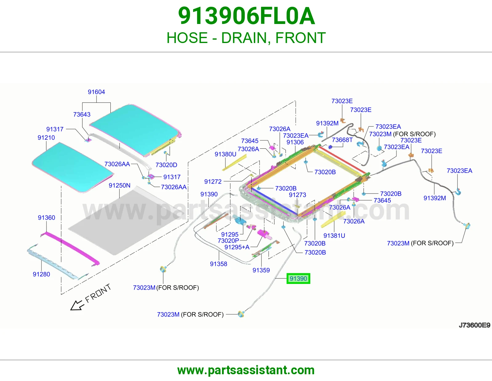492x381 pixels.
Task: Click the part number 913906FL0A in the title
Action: point(246,16)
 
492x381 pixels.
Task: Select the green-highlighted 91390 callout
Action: point(298,278)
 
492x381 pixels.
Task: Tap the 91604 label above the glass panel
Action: point(96,92)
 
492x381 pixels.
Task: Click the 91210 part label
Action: point(46,138)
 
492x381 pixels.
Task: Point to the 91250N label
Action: point(120,186)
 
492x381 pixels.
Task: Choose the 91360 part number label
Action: point(46,218)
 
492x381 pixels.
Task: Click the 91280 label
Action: point(42,274)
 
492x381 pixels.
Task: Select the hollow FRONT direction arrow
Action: point(76,305)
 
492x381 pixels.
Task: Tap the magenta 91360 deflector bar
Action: point(70,249)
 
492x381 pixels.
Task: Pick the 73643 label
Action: point(82,115)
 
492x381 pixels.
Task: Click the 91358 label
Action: point(219,264)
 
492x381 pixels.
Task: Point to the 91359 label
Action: point(261,270)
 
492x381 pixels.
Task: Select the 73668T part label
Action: point(342,140)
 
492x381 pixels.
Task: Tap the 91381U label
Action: point(334,236)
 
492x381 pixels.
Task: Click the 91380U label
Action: point(225,154)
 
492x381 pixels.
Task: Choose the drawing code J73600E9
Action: point(474,325)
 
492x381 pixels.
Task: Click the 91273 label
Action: point(298,195)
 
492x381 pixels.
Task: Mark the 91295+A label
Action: point(237,247)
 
